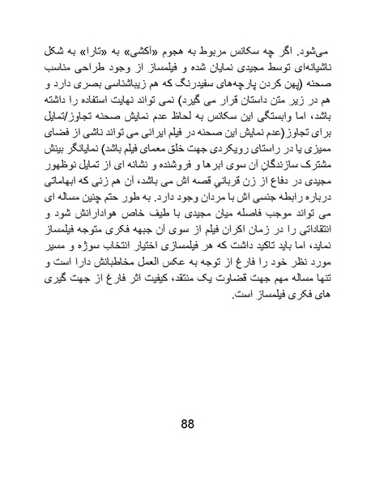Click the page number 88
(187, 428)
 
